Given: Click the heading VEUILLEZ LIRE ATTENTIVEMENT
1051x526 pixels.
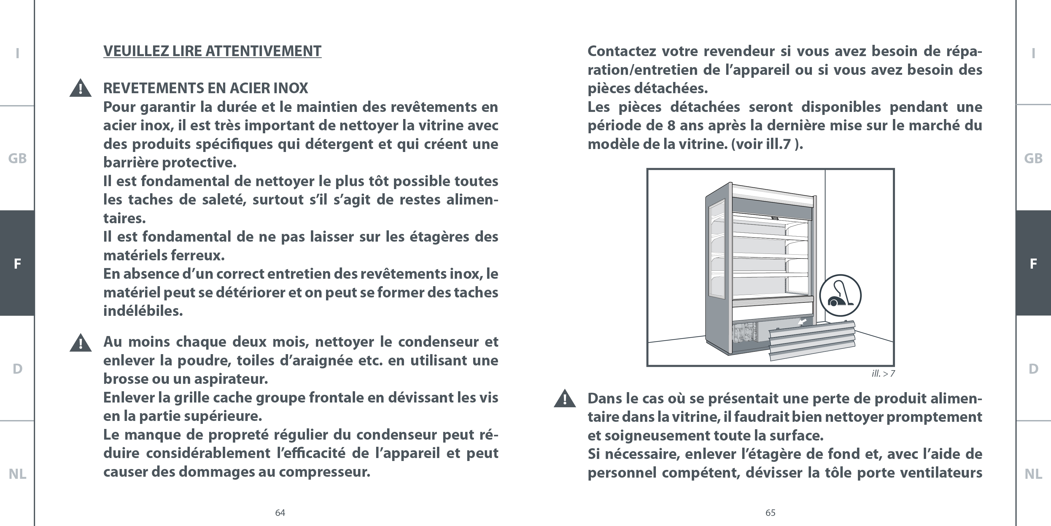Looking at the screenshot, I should coord(212,51).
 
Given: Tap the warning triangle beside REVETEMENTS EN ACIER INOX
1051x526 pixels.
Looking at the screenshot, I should coord(80,88).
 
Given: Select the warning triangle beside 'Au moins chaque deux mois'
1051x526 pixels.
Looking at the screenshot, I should coord(80,343).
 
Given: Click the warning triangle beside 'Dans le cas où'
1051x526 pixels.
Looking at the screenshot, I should coord(565,399).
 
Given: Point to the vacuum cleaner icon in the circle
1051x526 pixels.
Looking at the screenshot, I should coord(840,295).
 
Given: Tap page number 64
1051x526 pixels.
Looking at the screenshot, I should coord(280,513).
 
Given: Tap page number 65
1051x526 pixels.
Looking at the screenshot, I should coord(770,513).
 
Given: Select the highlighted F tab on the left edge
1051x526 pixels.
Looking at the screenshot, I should coord(17,263).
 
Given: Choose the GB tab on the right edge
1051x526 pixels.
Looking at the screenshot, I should coord(1033,159).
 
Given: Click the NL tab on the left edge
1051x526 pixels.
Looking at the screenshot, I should coord(17,474).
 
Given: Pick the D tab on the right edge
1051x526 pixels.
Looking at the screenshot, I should coord(1033,369).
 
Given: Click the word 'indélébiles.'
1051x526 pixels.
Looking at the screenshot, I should coord(143,311).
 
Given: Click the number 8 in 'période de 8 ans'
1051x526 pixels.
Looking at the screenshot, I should coord(671,125).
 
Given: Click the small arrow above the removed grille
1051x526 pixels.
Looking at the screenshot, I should coord(802,322).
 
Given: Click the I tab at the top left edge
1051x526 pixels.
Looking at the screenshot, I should coord(17,53).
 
